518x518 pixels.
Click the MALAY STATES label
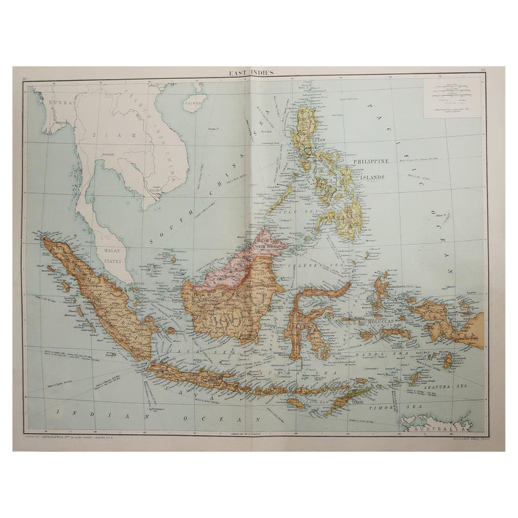point(109,252)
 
